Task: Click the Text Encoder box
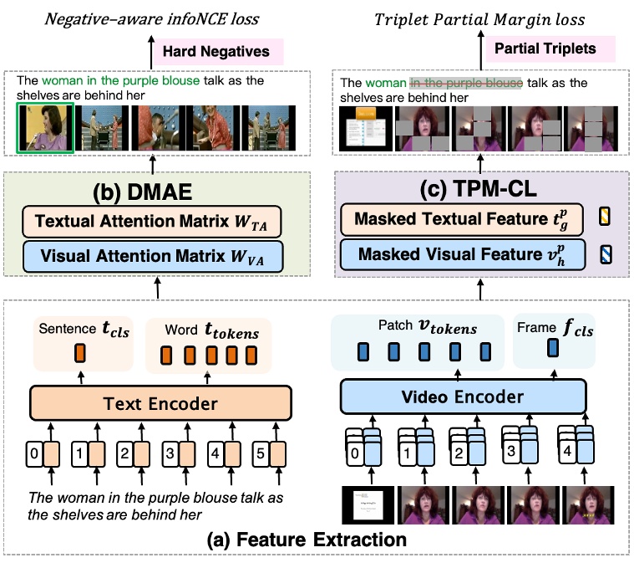(160, 404)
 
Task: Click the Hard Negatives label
(216, 52)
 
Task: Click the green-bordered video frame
(46, 130)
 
